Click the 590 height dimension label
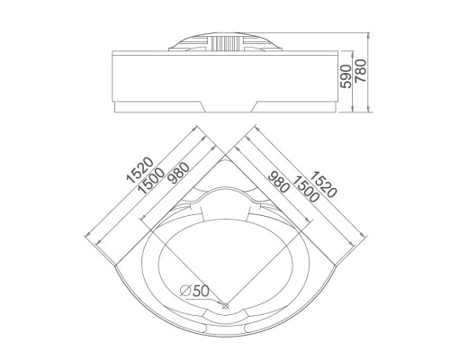click(x=346, y=76)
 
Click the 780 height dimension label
click(x=361, y=71)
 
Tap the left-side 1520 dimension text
click(x=139, y=170)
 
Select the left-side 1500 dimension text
click(x=151, y=181)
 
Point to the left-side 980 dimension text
click(x=178, y=172)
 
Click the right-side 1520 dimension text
click(x=323, y=184)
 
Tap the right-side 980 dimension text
click(x=279, y=182)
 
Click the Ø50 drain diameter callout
click(x=194, y=290)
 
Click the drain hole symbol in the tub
click(x=225, y=306)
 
